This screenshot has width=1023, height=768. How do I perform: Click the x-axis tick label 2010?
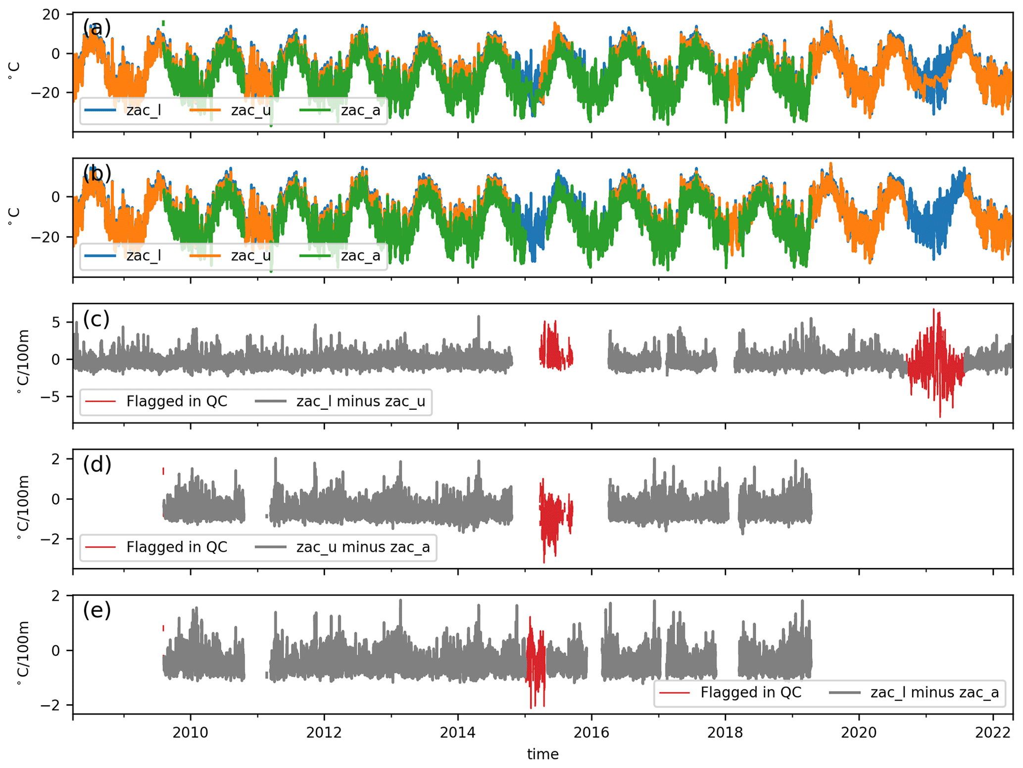(x=190, y=732)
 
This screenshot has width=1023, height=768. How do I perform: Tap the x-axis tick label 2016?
(x=591, y=732)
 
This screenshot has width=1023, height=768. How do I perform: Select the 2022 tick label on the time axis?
(x=992, y=732)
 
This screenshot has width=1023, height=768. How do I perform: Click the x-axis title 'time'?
(x=542, y=755)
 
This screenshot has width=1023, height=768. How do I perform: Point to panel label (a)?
(x=97, y=28)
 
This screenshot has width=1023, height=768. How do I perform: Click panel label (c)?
(x=96, y=319)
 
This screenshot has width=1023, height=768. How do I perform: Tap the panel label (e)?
(x=97, y=611)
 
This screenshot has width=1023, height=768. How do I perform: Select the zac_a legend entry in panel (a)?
(x=360, y=110)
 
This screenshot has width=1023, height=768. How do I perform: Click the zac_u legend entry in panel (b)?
(x=250, y=256)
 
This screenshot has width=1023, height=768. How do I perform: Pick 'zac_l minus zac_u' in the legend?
(x=360, y=401)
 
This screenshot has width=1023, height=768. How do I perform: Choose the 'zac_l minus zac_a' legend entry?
(x=934, y=692)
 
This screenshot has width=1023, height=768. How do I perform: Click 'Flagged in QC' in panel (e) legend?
(x=750, y=692)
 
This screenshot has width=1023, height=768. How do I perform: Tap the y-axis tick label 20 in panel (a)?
(x=51, y=14)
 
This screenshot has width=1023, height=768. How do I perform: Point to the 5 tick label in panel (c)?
(x=55, y=323)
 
